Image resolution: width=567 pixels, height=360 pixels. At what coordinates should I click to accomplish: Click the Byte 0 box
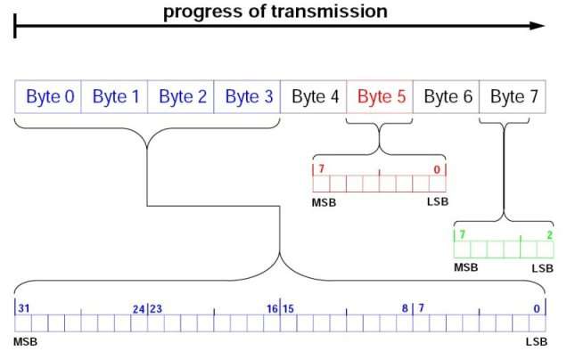click(x=49, y=96)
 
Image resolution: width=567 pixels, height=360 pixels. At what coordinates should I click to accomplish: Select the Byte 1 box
click(x=115, y=96)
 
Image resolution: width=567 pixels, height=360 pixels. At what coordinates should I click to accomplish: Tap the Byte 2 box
click(x=182, y=96)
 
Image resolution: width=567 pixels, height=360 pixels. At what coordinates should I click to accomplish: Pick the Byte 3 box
click(x=249, y=96)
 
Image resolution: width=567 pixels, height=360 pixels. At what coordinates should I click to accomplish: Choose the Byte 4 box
click(x=315, y=96)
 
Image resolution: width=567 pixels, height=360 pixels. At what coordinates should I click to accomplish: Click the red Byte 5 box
click(x=382, y=96)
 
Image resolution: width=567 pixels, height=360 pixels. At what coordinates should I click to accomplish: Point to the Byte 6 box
click(x=448, y=96)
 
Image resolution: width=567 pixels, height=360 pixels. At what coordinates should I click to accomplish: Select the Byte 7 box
click(x=514, y=96)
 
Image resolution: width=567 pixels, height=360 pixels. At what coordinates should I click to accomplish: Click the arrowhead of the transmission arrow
click(x=537, y=26)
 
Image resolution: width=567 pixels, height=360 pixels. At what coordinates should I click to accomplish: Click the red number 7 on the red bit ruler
click(x=319, y=169)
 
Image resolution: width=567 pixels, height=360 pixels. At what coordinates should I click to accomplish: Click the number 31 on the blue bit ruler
click(x=24, y=308)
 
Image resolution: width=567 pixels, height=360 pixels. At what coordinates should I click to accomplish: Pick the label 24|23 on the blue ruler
click(x=146, y=308)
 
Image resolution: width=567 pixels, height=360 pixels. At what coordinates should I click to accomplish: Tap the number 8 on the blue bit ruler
click(x=404, y=308)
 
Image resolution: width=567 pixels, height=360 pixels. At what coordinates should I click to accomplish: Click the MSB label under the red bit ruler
click(x=324, y=202)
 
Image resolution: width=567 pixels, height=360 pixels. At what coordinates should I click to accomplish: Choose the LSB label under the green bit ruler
click(x=542, y=267)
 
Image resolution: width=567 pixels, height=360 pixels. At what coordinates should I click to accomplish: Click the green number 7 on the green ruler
click(x=462, y=234)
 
